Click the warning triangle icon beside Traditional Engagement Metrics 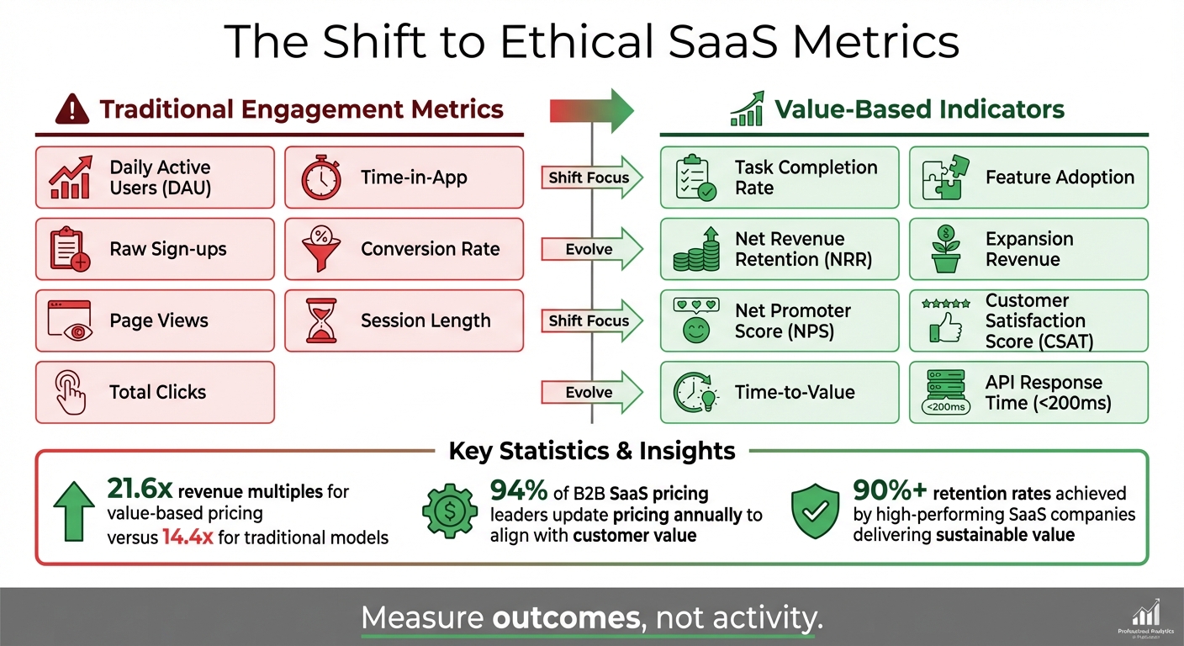click(x=73, y=110)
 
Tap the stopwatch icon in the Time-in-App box click(x=320, y=177)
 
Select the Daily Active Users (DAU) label click(x=160, y=177)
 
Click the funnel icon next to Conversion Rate click(x=320, y=249)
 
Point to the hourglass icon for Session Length click(x=320, y=320)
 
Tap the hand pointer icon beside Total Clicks click(x=71, y=392)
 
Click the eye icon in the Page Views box click(x=71, y=321)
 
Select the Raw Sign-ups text click(x=168, y=249)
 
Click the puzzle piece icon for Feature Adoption click(x=946, y=177)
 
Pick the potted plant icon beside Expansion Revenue click(x=946, y=249)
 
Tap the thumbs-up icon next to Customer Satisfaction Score click(x=946, y=321)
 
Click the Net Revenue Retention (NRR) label click(x=803, y=249)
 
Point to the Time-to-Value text click(x=795, y=392)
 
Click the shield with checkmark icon click(x=816, y=510)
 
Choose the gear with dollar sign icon click(x=449, y=510)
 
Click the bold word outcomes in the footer click(x=565, y=618)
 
